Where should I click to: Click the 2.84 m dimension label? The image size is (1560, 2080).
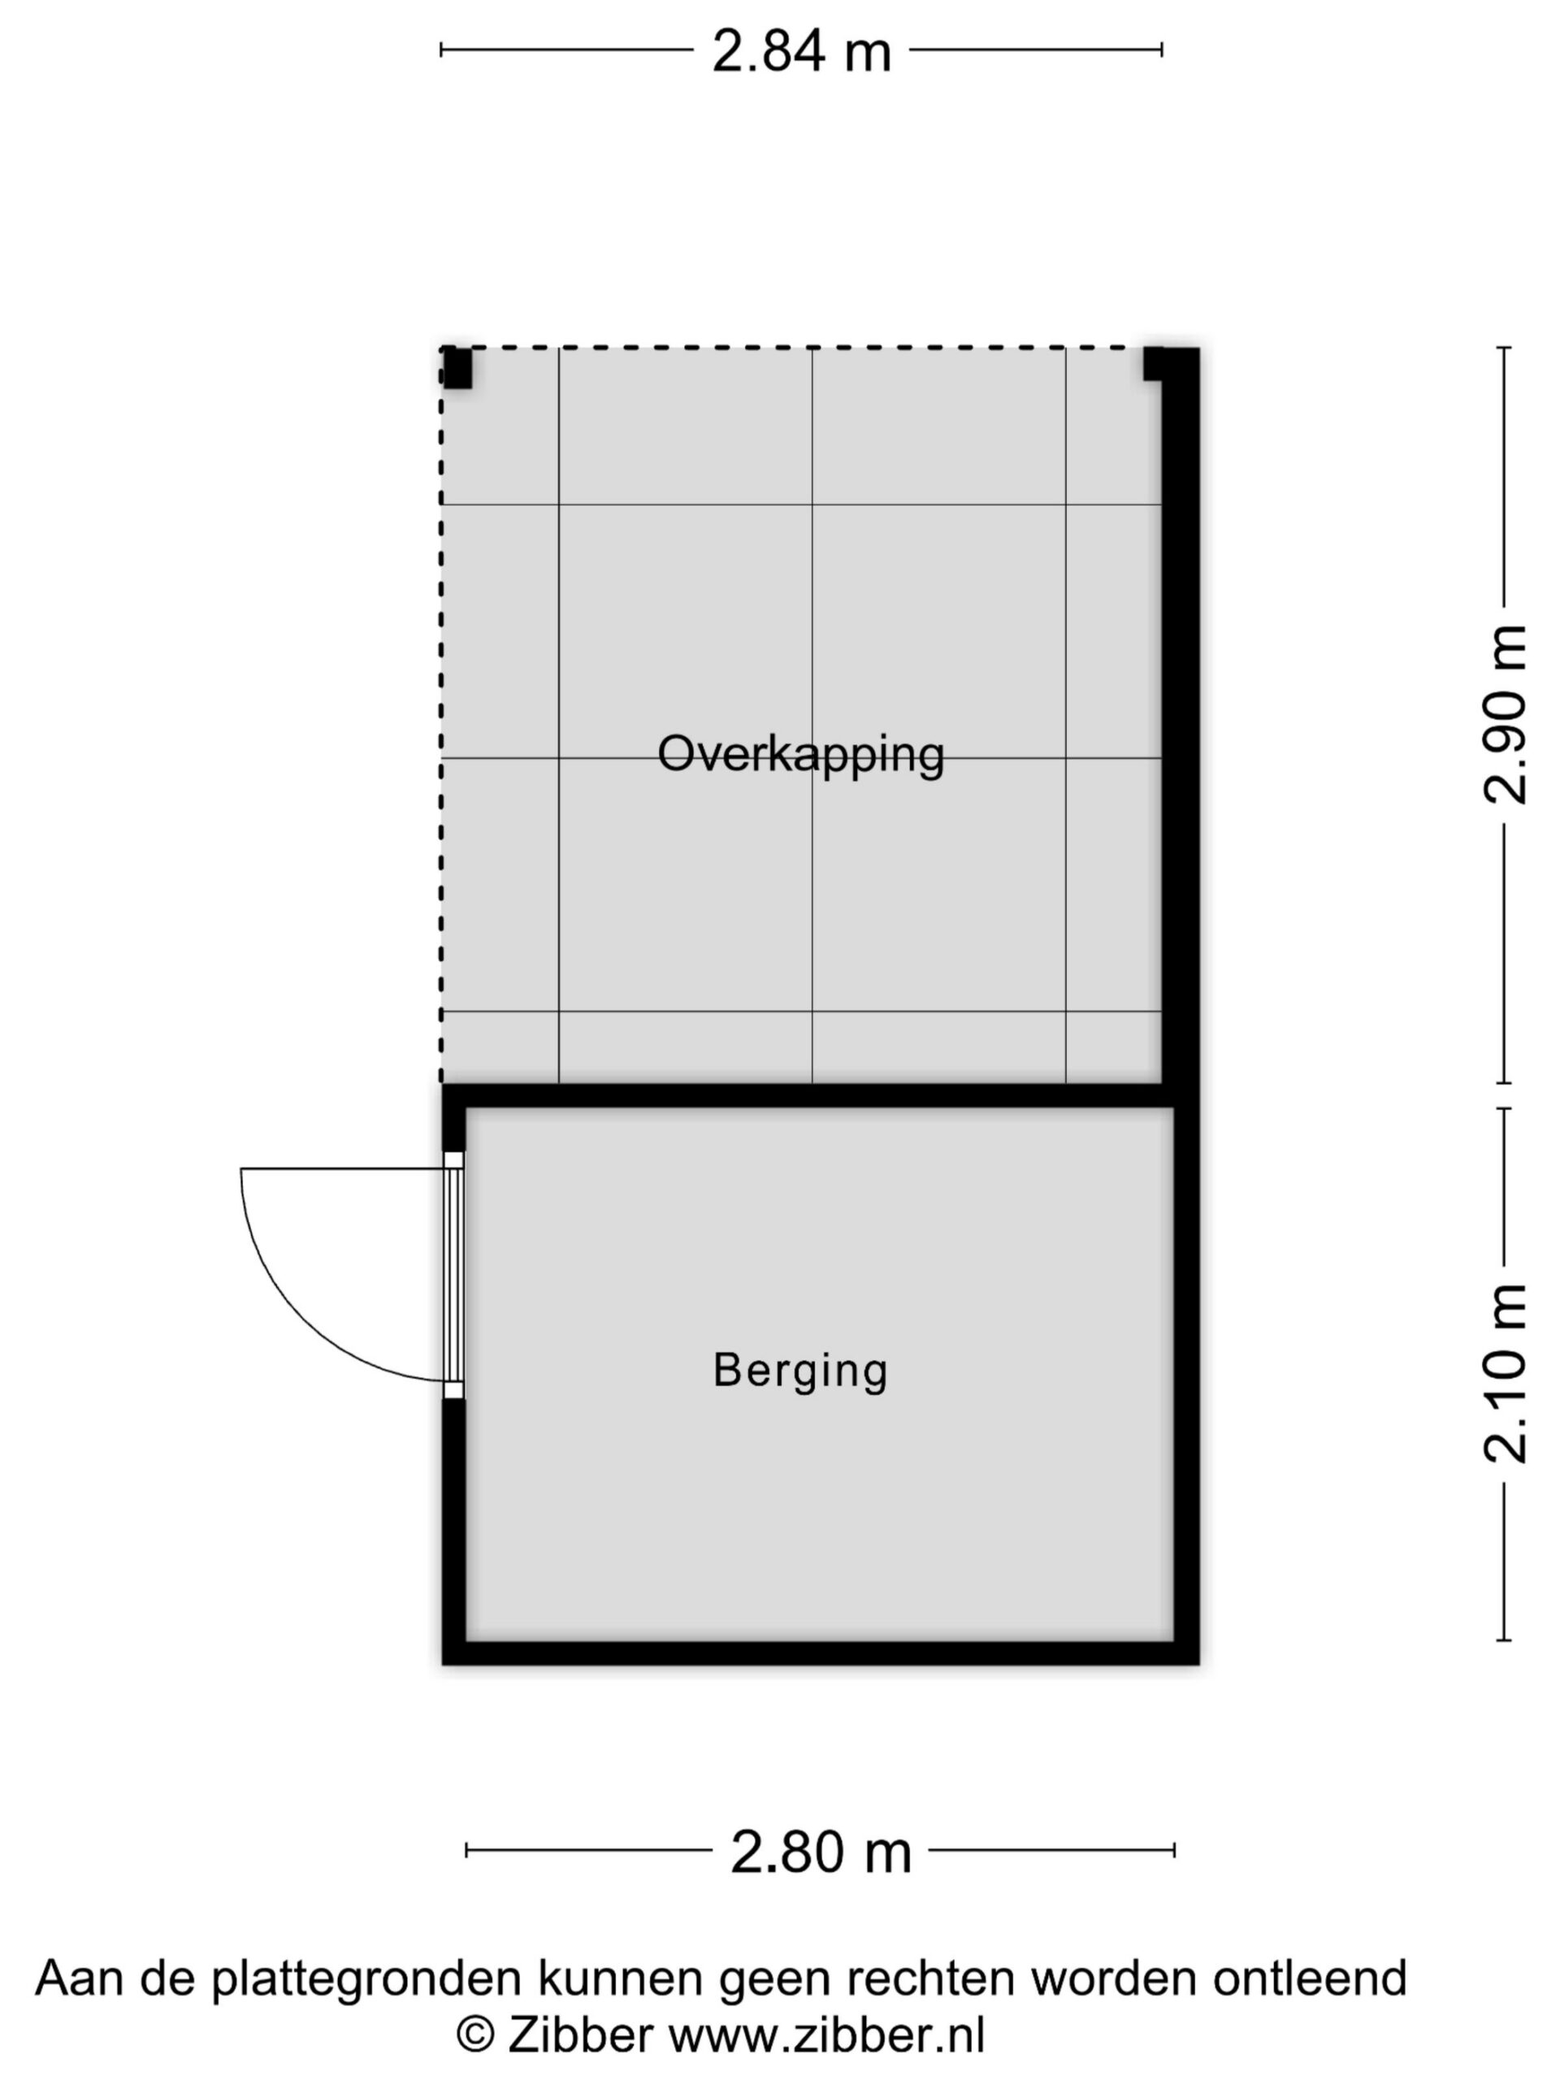click(x=801, y=50)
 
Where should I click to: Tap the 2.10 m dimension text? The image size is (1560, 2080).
click(x=1506, y=1374)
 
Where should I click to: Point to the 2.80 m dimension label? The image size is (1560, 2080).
click(x=821, y=1852)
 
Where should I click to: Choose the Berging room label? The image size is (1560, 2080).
click(x=801, y=1370)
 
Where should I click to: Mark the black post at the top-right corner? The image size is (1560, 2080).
click(x=1154, y=364)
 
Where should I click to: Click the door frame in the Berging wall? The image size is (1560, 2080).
click(x=454, y=1274)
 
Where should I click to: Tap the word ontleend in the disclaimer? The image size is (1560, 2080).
click(x=1310, y=1978)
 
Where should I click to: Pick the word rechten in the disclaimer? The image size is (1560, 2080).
click(x=932, y=1978)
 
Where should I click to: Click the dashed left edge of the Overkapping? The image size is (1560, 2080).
click(x=442, y=715)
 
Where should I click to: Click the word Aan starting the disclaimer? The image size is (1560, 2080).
click(x=79, y=1978)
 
